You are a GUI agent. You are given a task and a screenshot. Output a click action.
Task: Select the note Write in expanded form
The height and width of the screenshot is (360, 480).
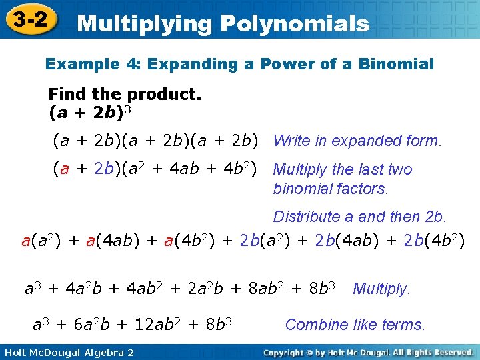(357, 141)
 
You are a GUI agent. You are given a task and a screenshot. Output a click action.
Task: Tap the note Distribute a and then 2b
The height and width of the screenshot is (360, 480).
(360, 217)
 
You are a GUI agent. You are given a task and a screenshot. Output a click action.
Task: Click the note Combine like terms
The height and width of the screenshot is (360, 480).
(355, 325)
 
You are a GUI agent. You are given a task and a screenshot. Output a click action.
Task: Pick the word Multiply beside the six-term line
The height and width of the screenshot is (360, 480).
(381, 289)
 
